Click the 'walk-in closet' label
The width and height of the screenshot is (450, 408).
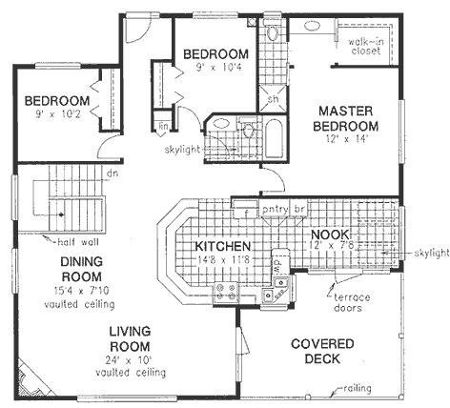coord(364,47)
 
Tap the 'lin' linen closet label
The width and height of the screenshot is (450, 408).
coord(164,125)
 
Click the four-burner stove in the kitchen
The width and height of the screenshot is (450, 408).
coord(226,291)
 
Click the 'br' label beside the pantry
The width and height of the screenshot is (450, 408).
coord(297,207)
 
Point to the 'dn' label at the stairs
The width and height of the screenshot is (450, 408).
coord(112,173)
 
